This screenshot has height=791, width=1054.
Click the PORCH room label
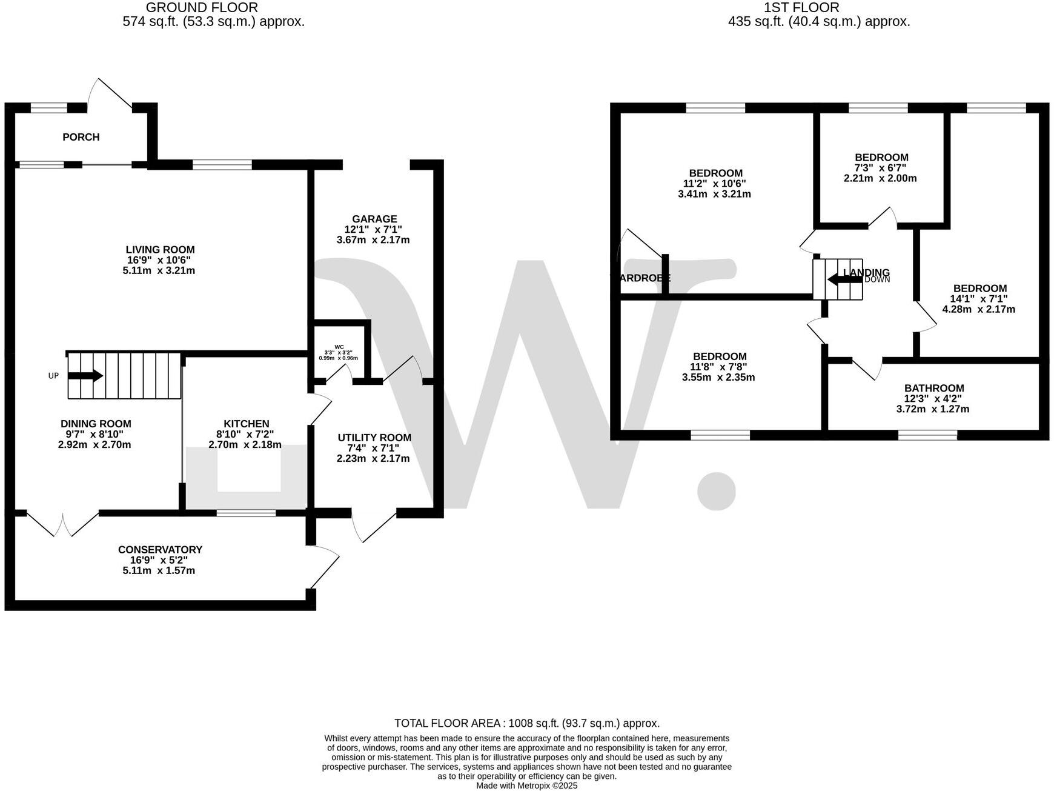(x=81, y=137)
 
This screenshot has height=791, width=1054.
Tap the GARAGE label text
(x=375, y=219)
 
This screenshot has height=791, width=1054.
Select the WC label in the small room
(x=339, y=347)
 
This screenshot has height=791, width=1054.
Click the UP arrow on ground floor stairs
(x=85, y=376)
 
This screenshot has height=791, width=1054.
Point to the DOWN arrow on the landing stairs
(x=844, y=279)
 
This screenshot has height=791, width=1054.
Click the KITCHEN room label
(x=246, y=424)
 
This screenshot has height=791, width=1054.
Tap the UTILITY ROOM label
(x=374, y=438)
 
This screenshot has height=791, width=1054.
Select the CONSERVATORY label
(x=160, y=550)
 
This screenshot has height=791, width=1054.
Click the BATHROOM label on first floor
(x=933, y=389)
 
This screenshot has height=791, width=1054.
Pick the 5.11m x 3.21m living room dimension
(x=159, y=270)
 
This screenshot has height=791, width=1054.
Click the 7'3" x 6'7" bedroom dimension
(x=880, y=168)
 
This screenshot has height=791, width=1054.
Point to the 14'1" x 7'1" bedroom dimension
(x=979, y=299)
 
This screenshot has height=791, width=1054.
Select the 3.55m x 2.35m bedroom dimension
(x=719, y=377)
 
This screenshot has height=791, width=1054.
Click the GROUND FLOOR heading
(x=202, y=8)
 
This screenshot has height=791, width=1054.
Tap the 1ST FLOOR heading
(x=801, y=8)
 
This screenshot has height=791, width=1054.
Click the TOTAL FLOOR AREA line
(x=526, y=723)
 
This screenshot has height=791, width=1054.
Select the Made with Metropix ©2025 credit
(x=526, y=786)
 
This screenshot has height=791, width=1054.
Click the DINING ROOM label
(x=96, y=424)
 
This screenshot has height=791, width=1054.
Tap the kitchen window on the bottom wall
(x=246, y=513)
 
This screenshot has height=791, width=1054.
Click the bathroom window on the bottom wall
(x=927, y=435)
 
